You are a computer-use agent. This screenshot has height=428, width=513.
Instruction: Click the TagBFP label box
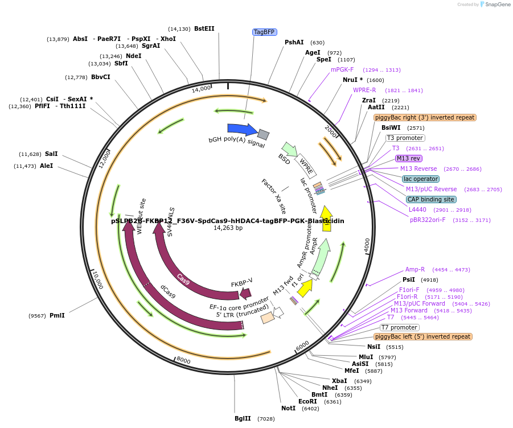[x=264, y=32]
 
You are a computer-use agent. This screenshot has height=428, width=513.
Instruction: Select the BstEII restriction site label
[x=204, y=28]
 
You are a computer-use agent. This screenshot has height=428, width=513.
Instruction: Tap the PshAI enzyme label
[x=294, y=42]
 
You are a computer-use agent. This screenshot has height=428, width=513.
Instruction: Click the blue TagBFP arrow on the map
[x=241, y=130]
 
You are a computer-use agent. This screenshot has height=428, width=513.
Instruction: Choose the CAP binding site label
[x=431, y=199]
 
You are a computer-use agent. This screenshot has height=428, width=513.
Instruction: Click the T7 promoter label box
[x=399, y=327]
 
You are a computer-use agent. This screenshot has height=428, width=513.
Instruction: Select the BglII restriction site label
[x=243, y=418]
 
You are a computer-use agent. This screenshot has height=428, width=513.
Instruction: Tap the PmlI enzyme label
[x=57, y=315]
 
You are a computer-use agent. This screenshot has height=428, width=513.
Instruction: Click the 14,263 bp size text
[x=228, y=228]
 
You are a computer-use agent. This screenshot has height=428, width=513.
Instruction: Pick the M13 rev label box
[x=408, y=158]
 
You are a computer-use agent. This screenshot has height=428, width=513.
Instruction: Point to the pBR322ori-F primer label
[x=428, y=220]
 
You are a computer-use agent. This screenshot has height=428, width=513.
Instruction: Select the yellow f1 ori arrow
[x=305, y=288]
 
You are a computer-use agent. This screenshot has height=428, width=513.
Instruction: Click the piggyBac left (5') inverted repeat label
[x=423, y=336]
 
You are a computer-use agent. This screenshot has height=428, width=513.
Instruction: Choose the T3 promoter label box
[x=405, y=138]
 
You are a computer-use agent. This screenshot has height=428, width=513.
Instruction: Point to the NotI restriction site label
[x=288, y=408]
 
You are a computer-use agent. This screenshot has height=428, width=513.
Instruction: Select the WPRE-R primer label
[x=364, y=90]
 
